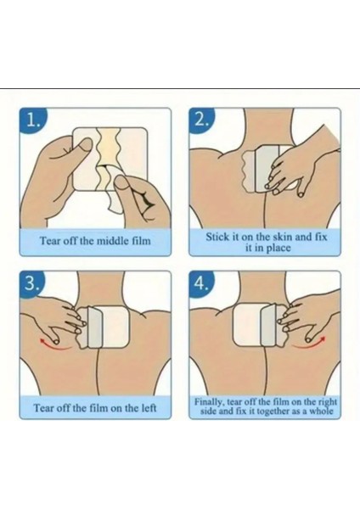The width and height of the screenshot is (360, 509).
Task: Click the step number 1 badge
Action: coord(32,120)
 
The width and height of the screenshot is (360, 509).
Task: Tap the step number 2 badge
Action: coord(202,120)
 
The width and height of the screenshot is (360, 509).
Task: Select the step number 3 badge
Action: coord(32,283)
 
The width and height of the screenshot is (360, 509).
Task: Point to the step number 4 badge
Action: coord(202,283)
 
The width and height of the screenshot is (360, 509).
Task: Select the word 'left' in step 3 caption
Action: coord(149,407)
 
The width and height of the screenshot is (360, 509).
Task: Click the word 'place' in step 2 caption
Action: coord(278,249)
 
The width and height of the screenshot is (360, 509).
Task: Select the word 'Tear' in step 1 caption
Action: coord(48,241)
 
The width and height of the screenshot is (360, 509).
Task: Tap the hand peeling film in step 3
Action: coord(55,318)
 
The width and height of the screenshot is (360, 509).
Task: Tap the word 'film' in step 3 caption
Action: coord(98,407)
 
